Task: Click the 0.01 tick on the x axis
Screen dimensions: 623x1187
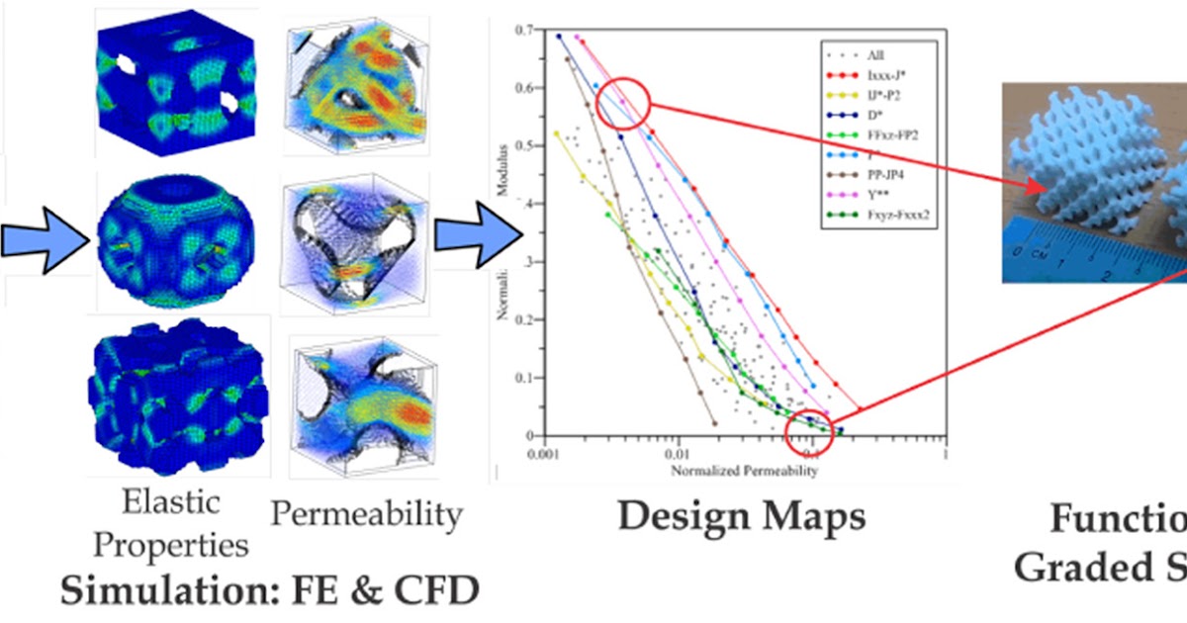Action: pos(675,450)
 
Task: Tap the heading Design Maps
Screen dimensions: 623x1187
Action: pos(742,516)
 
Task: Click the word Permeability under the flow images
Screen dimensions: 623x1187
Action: pos(367,514)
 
